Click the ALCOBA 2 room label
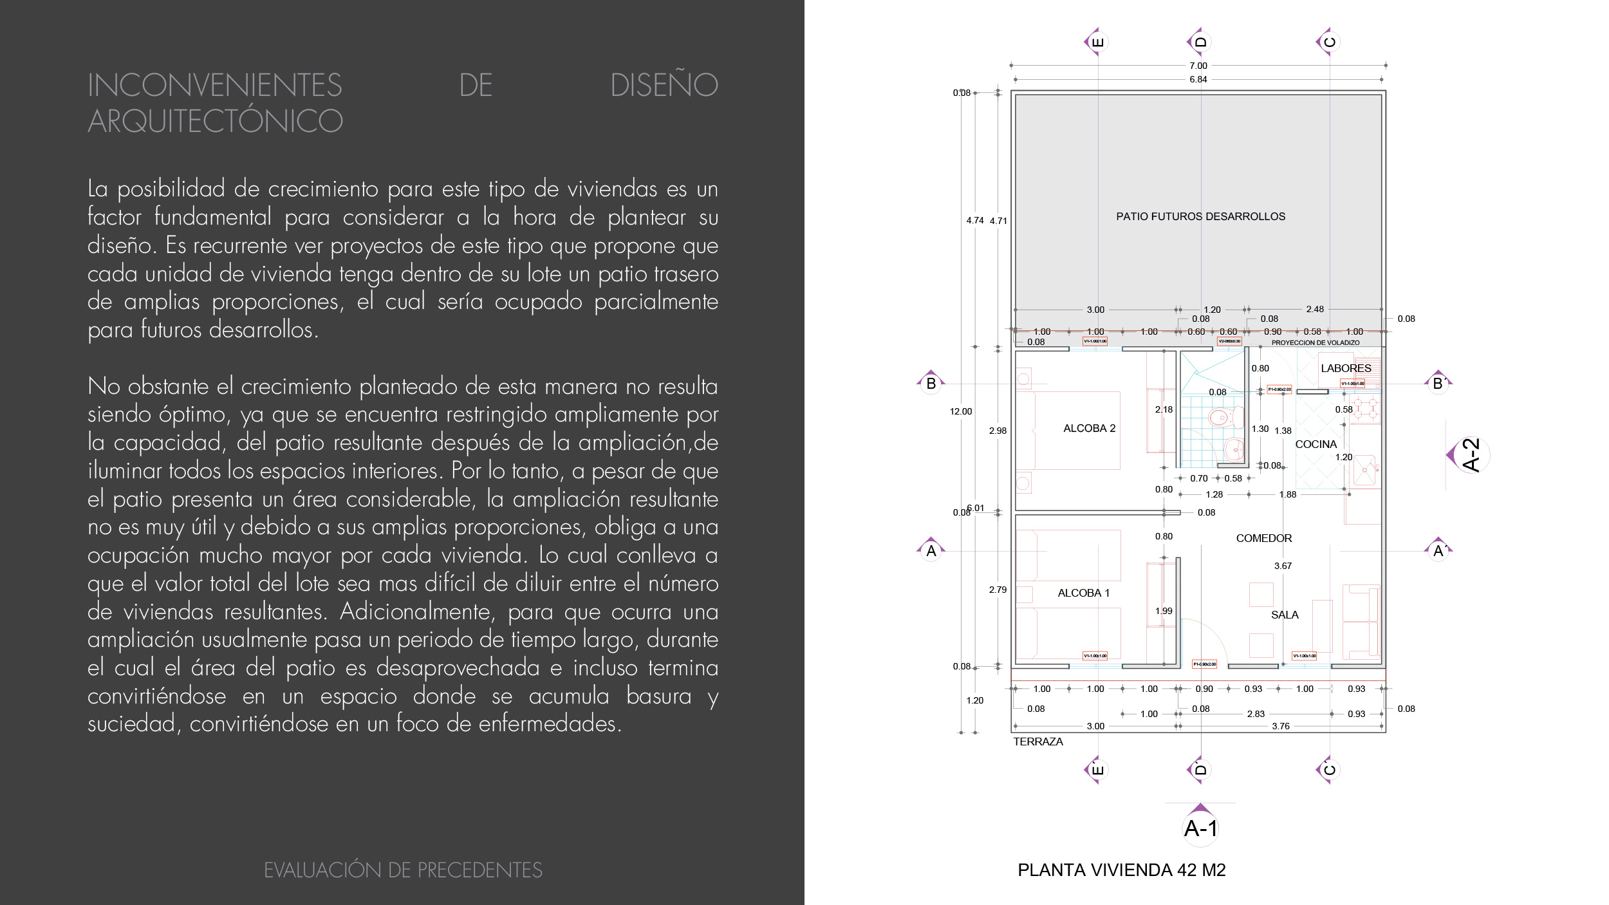[1089, 428]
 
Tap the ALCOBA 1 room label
[1084, 593]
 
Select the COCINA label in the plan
[1316, 444]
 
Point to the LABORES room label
[1346, 368]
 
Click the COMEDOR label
[1263, 538]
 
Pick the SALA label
[1285, 615]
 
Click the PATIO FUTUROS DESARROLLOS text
[1200, 216]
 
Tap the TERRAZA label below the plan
[1037, 742]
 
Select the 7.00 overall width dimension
[1198, 66]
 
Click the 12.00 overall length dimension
[960, 411]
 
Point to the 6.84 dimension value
[1198, 79]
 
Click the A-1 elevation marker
[1200, 828]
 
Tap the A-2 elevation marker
[1471, 455]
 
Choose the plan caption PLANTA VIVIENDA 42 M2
[1121, 870]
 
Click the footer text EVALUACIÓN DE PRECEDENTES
[403, 870]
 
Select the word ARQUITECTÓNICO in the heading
[216, 121]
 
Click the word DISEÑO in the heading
[664, 85]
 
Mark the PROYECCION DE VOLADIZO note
[1315, 342]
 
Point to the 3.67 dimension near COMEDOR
[1283, 566]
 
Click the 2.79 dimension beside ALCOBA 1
[998, 590]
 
